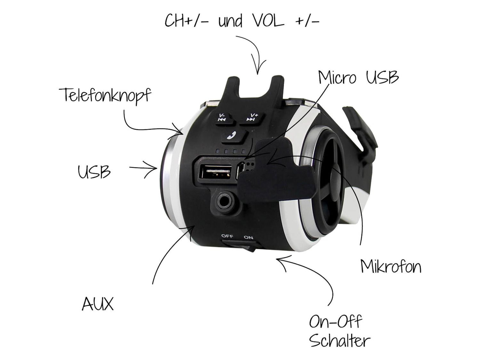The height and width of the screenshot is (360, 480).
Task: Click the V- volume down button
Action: click(x=223, y=117)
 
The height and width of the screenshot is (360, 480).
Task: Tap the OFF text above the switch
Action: click(x=227, y=236)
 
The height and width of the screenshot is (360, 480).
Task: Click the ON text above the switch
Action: click(x=248, y=237)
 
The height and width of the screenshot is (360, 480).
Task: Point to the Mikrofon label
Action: click(x=390, y=267)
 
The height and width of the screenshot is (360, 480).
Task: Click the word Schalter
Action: click(x=340, y=341)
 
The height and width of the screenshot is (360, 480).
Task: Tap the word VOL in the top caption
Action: click(x=264, y=21)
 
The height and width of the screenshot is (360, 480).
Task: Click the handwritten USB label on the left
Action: click(x=94, y=172)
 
